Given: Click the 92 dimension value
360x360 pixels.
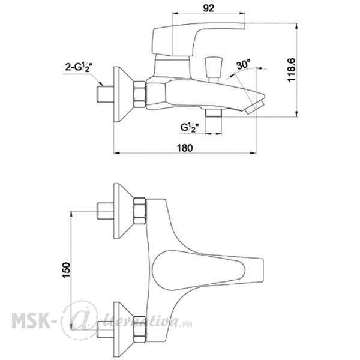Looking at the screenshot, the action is click(208, 8).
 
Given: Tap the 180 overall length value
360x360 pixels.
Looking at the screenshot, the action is click(185, 148).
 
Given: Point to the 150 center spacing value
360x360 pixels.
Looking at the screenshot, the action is click(66, 270).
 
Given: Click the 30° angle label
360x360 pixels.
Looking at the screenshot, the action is click(244, 65).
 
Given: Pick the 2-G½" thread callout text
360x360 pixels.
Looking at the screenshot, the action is click(79, 67).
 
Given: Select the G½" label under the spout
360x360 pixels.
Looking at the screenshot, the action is click(190, 127).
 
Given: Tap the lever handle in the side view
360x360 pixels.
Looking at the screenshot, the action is click(197, 39).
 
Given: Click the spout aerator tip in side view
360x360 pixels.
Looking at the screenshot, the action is click(254, 107).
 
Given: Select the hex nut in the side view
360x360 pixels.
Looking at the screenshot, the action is click(140, 94).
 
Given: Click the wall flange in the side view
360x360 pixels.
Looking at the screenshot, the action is click(124, 94).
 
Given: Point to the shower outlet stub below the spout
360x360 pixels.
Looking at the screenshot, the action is click(214, 113).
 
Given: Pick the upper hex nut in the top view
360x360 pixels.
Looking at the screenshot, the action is click(140, 211).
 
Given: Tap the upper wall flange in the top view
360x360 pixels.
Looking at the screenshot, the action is click(124, 211).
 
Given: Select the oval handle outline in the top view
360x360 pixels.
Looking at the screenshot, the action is click(199, 271).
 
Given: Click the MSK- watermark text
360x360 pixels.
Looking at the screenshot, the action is click(31, 320).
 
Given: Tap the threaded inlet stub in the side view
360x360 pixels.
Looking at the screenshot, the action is click(106, 94).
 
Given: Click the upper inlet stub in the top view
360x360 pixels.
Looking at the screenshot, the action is click(106, 211).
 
